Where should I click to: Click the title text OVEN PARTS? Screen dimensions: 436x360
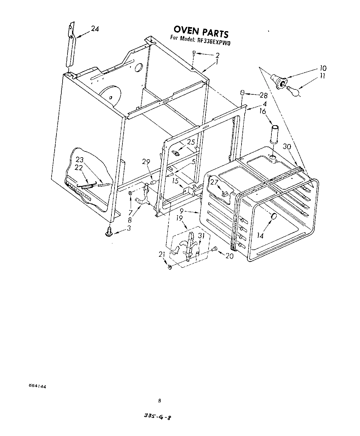(x=201, y=31)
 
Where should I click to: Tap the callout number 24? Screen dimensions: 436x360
(x=95, y=29)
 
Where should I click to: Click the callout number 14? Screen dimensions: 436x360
(x=260, y=236)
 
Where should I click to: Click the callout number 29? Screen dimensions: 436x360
(x=146, y=162)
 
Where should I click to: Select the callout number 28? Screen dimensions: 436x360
(x=264, y=95)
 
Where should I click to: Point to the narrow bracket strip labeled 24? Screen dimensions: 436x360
(x=71, y=46)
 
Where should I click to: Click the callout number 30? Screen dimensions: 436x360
(x=287, y=147)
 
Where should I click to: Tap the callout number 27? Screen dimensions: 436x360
(x=214, y=182)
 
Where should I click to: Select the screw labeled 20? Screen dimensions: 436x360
(x=215, y=249)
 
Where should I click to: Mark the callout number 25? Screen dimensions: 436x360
(x=191, y=142)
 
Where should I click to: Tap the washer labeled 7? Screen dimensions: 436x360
(x=130, y=193)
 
